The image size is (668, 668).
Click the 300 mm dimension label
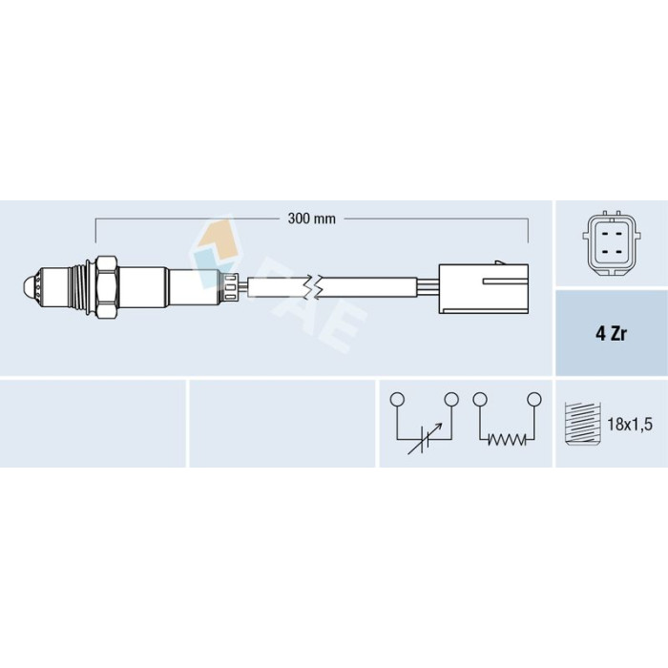pyautogui.click(x=311, y=219)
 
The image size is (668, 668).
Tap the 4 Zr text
pyautogui.click(x=611, y=334)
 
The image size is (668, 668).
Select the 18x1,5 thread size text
pyautogui.click(x=630, y=425)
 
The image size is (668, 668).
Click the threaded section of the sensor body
pyautogui.click(x=79, y=287)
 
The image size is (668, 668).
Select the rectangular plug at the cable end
pyautogui.click(x=484, y=288)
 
